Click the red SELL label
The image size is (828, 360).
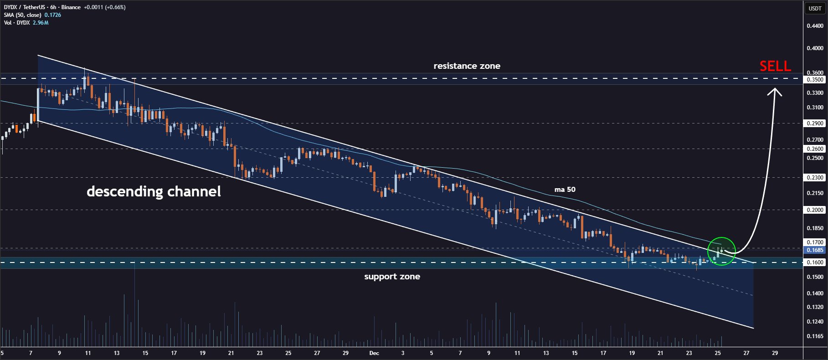[x=775, y=67]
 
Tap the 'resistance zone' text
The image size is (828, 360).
[x=467, y=66]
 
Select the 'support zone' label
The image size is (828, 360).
[x=392, y=277]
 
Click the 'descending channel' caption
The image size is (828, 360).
[x=154, y=191]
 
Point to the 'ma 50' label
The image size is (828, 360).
[x=565, y=190]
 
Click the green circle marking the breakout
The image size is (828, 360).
[x=721, y=251]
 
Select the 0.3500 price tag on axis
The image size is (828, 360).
[x=815, y=80]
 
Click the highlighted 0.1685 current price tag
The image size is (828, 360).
[x=815, y=250]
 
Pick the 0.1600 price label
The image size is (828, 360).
[x=815, y=262]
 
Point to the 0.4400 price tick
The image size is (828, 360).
[x=815, y=26]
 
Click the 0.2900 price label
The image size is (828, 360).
[x=815, y=123]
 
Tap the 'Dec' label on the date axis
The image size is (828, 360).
[x=374, y=353]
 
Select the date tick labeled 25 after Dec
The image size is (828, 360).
[x=718, y=353]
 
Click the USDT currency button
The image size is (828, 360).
[x=815, y=8]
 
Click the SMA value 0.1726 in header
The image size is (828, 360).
[x=52, y=15]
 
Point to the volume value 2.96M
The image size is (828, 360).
[x=41, y=23]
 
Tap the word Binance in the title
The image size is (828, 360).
[x=71, y=7]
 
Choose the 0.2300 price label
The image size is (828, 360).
[x=815, y=178]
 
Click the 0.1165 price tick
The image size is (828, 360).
[x=815, y=336]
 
